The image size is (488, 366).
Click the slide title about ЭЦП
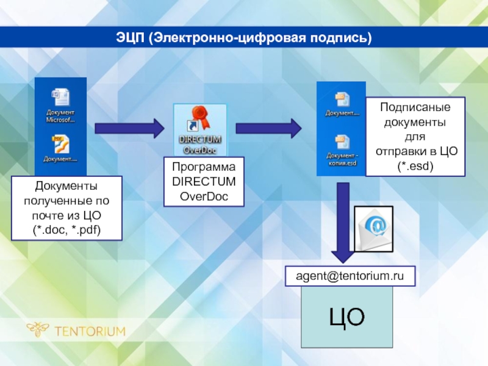coord(244,38)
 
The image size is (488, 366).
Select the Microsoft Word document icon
coord(60,97)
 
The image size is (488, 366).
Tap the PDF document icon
coord(60,143)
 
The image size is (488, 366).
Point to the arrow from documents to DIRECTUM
coord(129,128)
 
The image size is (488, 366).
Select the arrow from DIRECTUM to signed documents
coord(268,128)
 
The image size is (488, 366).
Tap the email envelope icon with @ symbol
coord(374,229)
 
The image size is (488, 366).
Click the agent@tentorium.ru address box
coord(351,276)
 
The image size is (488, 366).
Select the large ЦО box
coord(347,318)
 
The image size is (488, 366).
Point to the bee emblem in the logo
coord(38,330)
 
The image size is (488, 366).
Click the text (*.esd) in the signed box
coord(415,166)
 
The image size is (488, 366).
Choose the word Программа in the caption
coord(203,167)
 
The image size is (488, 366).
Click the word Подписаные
coord(415,107)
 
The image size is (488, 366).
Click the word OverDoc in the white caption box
coord(203,195)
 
